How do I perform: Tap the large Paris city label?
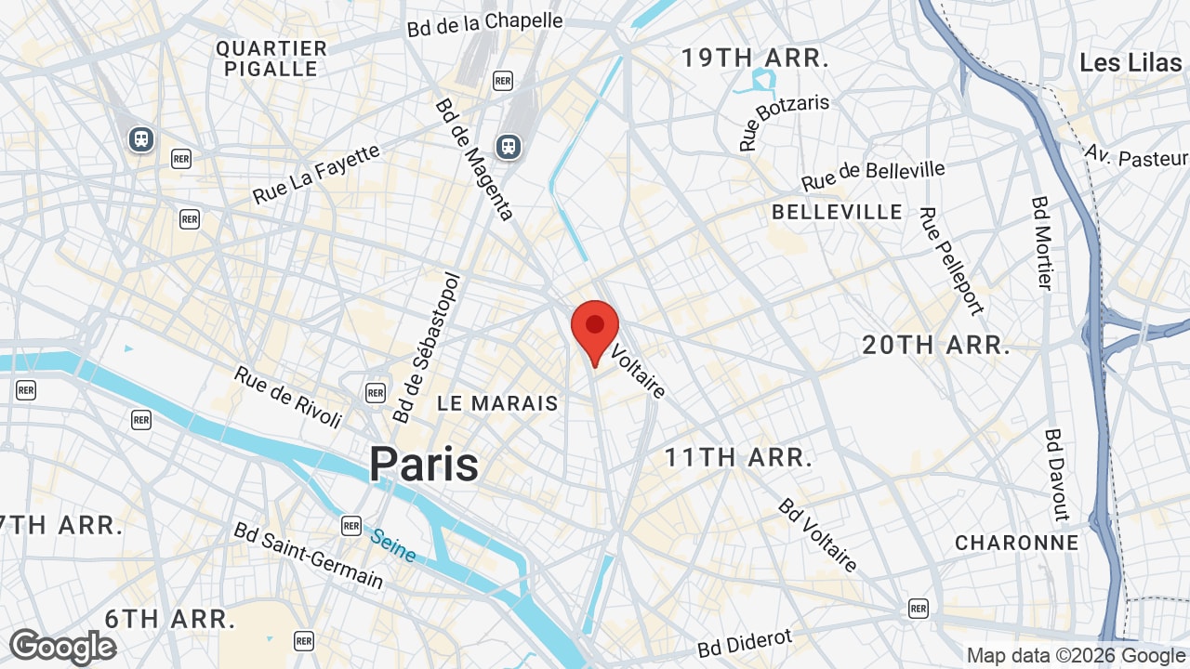[424, 465]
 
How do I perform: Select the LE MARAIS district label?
[497, 403]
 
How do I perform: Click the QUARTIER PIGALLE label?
[271, 59]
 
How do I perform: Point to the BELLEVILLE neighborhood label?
[837, 212]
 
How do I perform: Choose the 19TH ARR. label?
[754, 59]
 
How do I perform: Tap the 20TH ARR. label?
[935, 346]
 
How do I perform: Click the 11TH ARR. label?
[738, 457]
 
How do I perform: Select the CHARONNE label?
[1017, 543]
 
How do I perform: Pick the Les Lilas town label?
[1130, 63]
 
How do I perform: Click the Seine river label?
[393, 545]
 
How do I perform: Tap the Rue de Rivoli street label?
[287, 397]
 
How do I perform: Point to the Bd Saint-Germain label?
[308, 555]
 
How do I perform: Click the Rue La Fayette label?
[316, 174]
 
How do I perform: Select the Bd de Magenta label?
[474, 159]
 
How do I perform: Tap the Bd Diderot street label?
[746, 643]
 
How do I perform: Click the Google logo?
[62, 647]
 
